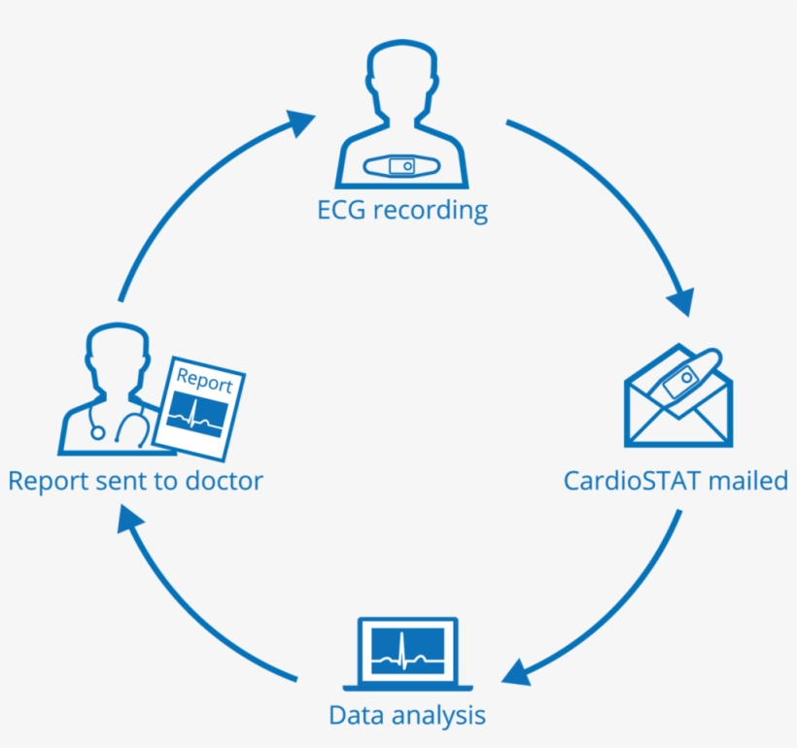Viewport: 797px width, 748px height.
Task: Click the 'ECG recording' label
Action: click(402, 210)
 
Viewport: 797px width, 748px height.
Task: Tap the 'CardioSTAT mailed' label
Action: click(676, 480)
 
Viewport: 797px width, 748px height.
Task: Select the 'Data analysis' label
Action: click(406, 716)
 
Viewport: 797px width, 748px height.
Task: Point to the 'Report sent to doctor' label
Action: click(135, 480)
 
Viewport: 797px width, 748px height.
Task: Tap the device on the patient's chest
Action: click(402, 166)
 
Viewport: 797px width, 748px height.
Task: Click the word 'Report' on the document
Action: click(204, 381)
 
